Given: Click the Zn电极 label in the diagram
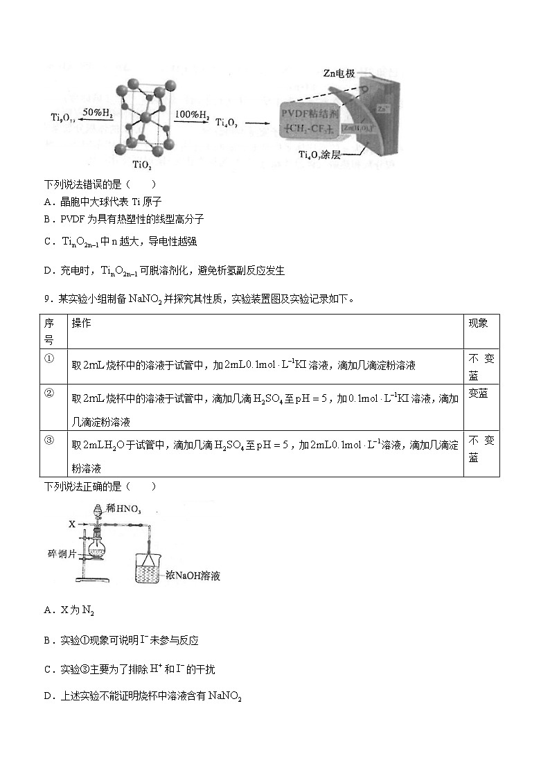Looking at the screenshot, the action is (x=339, y=73).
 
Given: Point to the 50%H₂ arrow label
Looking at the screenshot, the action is (x=97, y=112).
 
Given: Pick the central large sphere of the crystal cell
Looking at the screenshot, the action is (x=145, y=118).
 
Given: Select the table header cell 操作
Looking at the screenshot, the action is (x=82, y=324).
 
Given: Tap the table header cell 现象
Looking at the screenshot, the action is (x=478, y=324).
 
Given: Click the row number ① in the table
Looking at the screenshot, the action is (x=49, y=358).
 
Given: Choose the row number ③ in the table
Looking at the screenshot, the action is (x=49, y=440).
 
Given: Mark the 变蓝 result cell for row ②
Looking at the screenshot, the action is (x=478, y=394).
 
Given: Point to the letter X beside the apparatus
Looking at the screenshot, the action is (x=71, y=524).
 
